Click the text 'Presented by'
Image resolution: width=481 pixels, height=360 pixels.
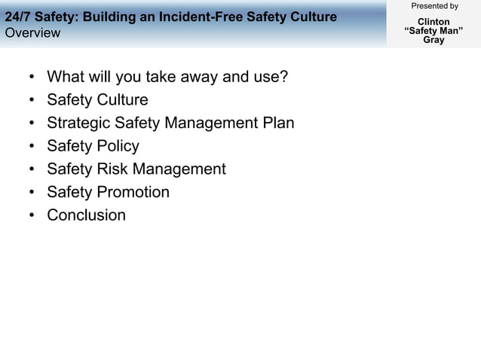click(434, 6)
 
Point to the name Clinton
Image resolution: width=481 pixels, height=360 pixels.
click(434, 22)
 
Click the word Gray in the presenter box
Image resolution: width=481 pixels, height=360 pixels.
click(434, 40)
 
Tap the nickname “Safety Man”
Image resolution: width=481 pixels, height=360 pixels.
click(434, 31)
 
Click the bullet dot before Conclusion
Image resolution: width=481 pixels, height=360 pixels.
click(31, 215)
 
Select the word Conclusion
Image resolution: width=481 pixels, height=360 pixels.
click(86, 215)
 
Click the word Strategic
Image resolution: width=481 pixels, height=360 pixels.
click(78, 123)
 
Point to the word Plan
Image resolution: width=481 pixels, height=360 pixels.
click(277, 123)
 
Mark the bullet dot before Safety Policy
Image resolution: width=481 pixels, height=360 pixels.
click(31, 146)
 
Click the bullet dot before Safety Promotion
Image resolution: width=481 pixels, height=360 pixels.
click(31, 192)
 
